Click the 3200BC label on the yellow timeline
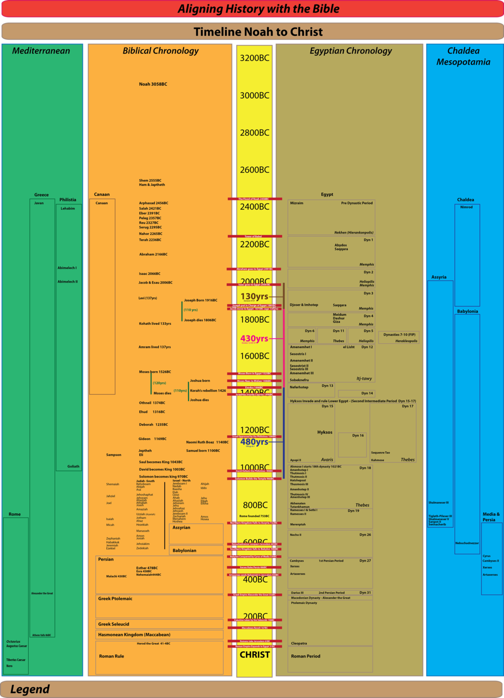tap(255, 58)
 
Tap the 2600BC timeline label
tap(255, 170)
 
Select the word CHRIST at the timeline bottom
tap(255, 655)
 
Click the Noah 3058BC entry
tap(153, 84)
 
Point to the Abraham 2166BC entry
tap(153, 254)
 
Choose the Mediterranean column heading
tap(41, 51)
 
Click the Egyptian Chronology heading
tap(351, 51)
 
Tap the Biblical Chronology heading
tap(160, 51)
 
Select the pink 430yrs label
tap(254, 338)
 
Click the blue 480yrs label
tap(254, 442)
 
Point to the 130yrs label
tap(254, 297)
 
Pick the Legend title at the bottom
tap(30, 689)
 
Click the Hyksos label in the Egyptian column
tap(325, 432)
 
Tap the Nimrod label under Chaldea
tap(466, 207)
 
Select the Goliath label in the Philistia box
tap(74, 466)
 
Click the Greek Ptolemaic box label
tap(115, 599)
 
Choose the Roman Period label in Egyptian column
tap(305, 656)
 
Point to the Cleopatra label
tap(299, 643)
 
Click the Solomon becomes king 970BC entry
tap(163, 476)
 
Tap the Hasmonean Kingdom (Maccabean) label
tap(134, 635)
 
